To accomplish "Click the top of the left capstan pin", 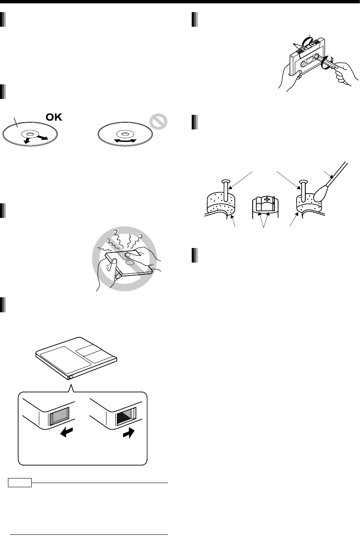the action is tap(226, 182).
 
